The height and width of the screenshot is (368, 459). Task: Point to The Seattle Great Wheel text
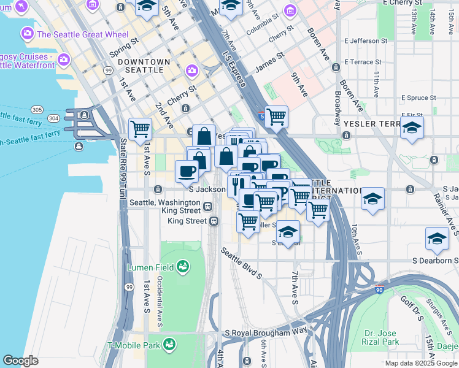(83, 34)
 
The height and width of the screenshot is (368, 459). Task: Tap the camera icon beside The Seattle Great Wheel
(28, 34)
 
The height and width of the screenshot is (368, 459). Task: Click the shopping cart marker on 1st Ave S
(141, 129)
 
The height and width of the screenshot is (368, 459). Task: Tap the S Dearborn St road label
(435, 261)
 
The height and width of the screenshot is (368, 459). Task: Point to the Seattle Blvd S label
(242, 263)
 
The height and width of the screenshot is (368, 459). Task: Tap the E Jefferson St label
(366, 41)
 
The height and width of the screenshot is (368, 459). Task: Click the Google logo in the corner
(20, 361)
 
